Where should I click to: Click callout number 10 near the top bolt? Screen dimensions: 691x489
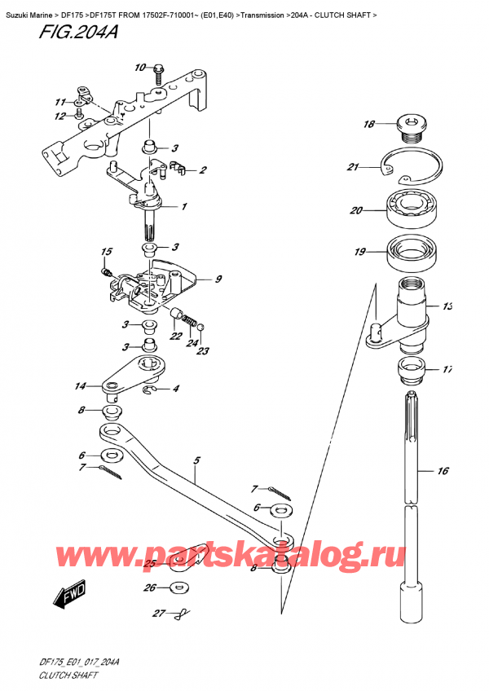[139, 67]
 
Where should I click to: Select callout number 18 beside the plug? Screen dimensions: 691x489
[368, 125]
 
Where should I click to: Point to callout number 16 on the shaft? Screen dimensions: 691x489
[443, 471]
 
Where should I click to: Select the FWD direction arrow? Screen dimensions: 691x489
[68, 601]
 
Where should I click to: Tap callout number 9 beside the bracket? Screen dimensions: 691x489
[218, 279]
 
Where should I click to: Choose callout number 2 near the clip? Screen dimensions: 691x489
[203, 169]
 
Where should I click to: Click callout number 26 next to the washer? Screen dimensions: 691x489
[149, 588]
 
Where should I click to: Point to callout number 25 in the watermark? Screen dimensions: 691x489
[149, 563]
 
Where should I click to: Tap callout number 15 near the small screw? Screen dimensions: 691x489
[105, 251]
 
